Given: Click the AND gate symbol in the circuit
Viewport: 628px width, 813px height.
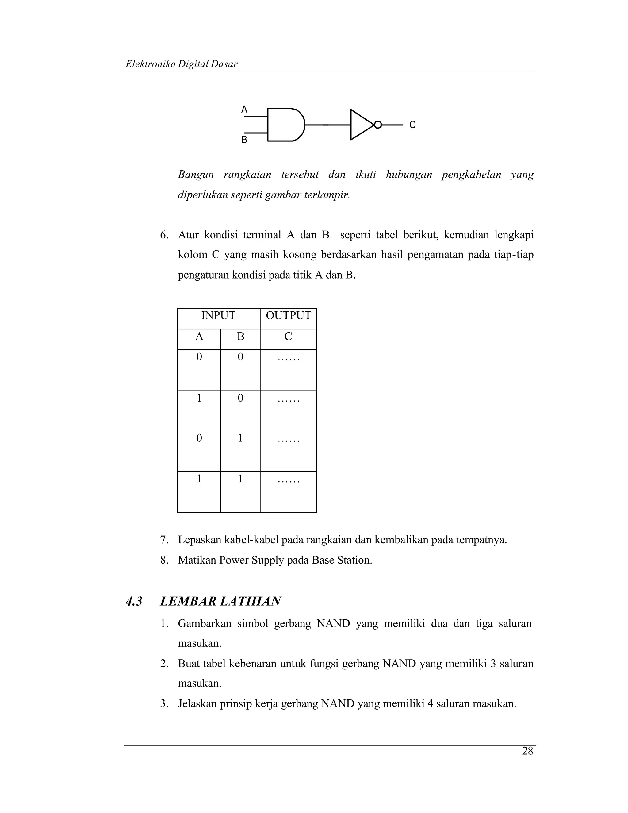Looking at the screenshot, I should click(285, 125).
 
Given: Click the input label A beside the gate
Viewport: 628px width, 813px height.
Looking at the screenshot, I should click(244, 110).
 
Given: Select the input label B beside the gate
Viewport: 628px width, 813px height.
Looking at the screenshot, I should click(244, 140).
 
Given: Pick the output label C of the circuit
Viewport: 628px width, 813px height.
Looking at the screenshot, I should click(412, 125).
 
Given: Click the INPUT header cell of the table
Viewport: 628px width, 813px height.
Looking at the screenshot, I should click(218, 316).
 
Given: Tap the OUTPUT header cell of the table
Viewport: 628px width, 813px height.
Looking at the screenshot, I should click(288, 316).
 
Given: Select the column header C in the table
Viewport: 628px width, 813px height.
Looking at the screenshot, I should click(288, 337).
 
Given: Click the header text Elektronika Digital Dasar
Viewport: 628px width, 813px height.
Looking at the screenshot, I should click(182, 64).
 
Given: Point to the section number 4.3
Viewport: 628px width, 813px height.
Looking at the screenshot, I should click(134, 602).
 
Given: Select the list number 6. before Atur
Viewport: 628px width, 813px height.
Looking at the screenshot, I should click(164, 235).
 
